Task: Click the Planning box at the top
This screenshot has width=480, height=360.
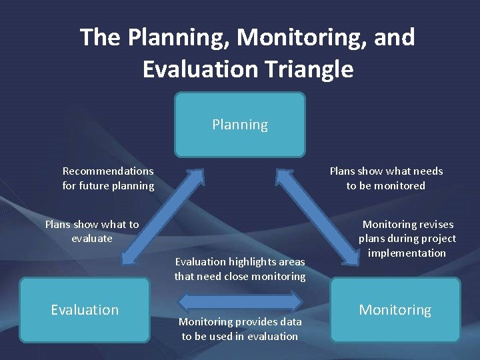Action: (240, 125)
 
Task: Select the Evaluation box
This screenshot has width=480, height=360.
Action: (85, 310)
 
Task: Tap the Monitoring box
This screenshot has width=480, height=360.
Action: (395, 310)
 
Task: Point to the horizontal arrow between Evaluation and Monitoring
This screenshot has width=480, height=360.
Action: (239, 298)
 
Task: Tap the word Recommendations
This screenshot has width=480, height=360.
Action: (108, 171)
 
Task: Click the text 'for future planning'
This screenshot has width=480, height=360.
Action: (108, 186)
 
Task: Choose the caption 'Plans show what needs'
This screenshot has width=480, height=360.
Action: (386, 171)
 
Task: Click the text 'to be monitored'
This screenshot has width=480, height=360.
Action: (386, 186)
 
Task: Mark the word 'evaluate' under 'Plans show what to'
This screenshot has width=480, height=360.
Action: (92, 239)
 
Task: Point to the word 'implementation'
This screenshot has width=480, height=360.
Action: (407, 253)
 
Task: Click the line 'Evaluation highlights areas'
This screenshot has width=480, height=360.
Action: (240, 262)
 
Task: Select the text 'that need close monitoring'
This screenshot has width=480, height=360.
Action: (240, 277)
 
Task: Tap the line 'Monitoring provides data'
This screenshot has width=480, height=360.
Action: (240, 322)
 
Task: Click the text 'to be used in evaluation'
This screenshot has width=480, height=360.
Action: (240, 337)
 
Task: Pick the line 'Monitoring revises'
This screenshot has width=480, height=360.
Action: (407, 225)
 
